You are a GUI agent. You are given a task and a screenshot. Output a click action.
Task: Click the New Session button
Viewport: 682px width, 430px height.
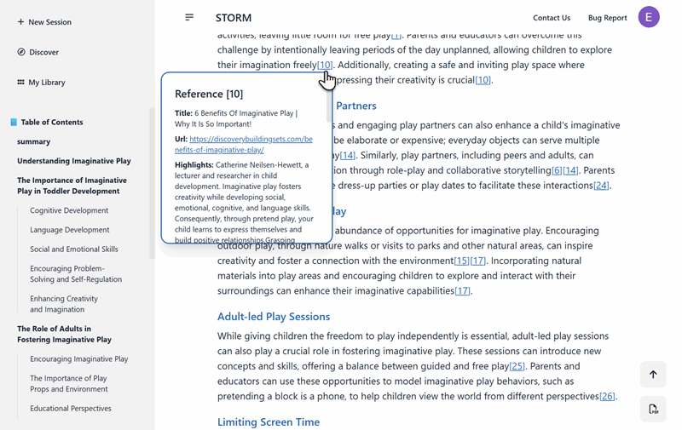pos(44,22)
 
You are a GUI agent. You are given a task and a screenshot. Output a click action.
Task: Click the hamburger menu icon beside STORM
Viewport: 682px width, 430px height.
pos(189,17)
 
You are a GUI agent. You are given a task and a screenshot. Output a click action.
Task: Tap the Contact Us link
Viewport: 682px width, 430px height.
pos(552,18)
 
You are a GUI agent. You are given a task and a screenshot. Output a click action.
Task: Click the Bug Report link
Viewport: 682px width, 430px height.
pos(607,18)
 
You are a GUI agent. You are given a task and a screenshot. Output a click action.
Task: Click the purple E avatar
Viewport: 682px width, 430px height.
pos(649,17)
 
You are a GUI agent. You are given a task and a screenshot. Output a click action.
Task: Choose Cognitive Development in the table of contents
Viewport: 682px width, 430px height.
pos(69,210)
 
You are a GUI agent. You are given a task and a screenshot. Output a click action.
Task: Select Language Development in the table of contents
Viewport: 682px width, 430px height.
pos(70,230)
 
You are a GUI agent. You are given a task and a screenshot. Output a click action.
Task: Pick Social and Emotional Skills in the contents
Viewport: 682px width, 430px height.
pos(74,249)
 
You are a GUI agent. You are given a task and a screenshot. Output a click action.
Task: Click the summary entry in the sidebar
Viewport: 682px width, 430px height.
pos(34,141)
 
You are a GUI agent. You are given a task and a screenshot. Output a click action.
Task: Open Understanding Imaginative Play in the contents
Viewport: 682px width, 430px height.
pos(74,161)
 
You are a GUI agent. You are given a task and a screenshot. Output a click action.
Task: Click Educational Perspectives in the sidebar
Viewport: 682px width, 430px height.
pos(71,409)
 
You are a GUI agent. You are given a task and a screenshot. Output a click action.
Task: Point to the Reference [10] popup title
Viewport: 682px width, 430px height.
pos(209,94)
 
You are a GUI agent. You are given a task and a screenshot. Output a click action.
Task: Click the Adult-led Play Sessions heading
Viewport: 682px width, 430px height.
pos(274,317)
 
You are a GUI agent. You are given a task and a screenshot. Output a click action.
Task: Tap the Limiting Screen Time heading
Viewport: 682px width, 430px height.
pos(269,422)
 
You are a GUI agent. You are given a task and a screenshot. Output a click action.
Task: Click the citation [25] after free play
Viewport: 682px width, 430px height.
pos(517,366)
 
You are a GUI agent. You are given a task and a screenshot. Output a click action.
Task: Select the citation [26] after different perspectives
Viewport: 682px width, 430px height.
pos(607,397)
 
